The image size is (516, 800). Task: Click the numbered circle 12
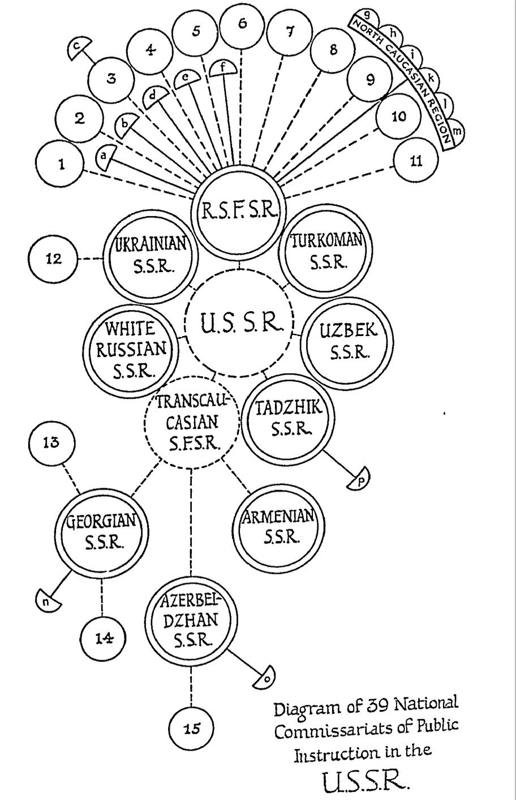(x=55, y=260)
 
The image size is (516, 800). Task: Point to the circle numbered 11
(x=416, y=161)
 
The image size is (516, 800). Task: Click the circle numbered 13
(x=51, y=442)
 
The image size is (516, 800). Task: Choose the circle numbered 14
(x=102, y=638)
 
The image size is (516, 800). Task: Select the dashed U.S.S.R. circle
(x=239, y=325)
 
